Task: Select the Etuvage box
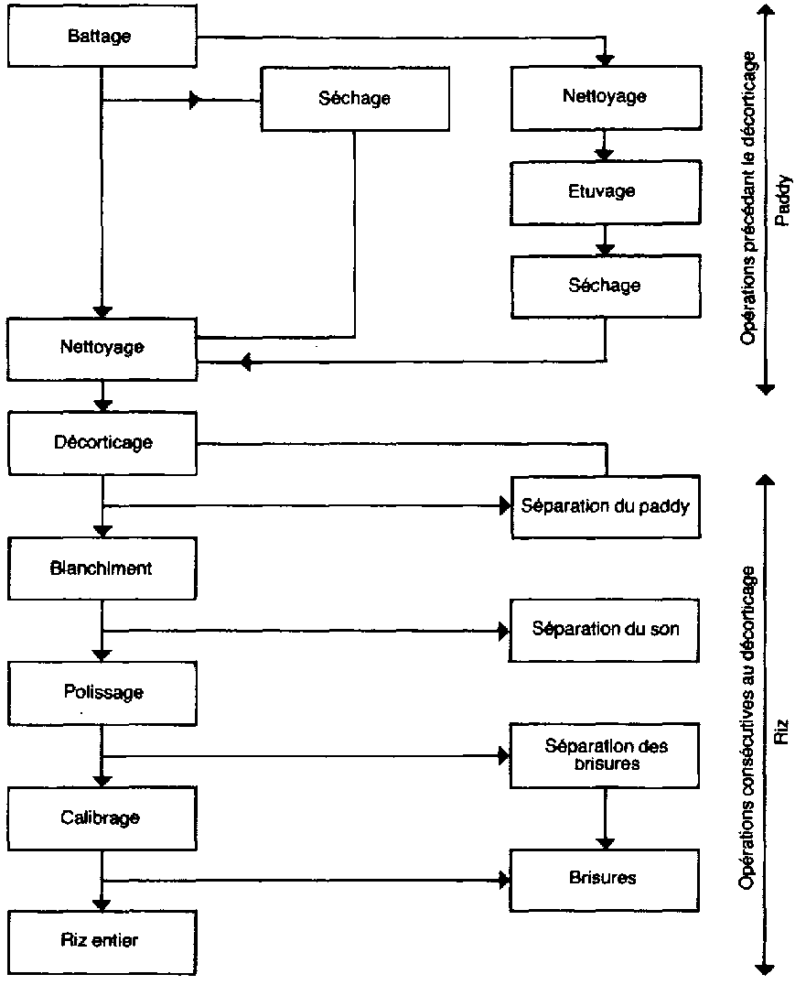[x=604, y=192]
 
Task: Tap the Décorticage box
[x=102, y=443]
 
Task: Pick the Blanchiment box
[x=102, y=568]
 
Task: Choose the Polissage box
[x=102, y=692]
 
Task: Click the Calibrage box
[x=102, y=817]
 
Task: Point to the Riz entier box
[x=102, y=941]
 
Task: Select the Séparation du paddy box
[x=604, y=505]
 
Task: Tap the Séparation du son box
[x=604, y=630]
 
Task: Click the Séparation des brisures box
[x=604, y=754]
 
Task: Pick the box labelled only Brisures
[x=604, y=879]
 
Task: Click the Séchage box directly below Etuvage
[x=604, y=286]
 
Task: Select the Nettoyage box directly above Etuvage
[x=604, y=97]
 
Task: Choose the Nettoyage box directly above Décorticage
[x=102, y=348]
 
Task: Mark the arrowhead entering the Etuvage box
[x=604, y=156]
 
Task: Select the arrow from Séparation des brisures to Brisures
[x=604, y=817]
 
